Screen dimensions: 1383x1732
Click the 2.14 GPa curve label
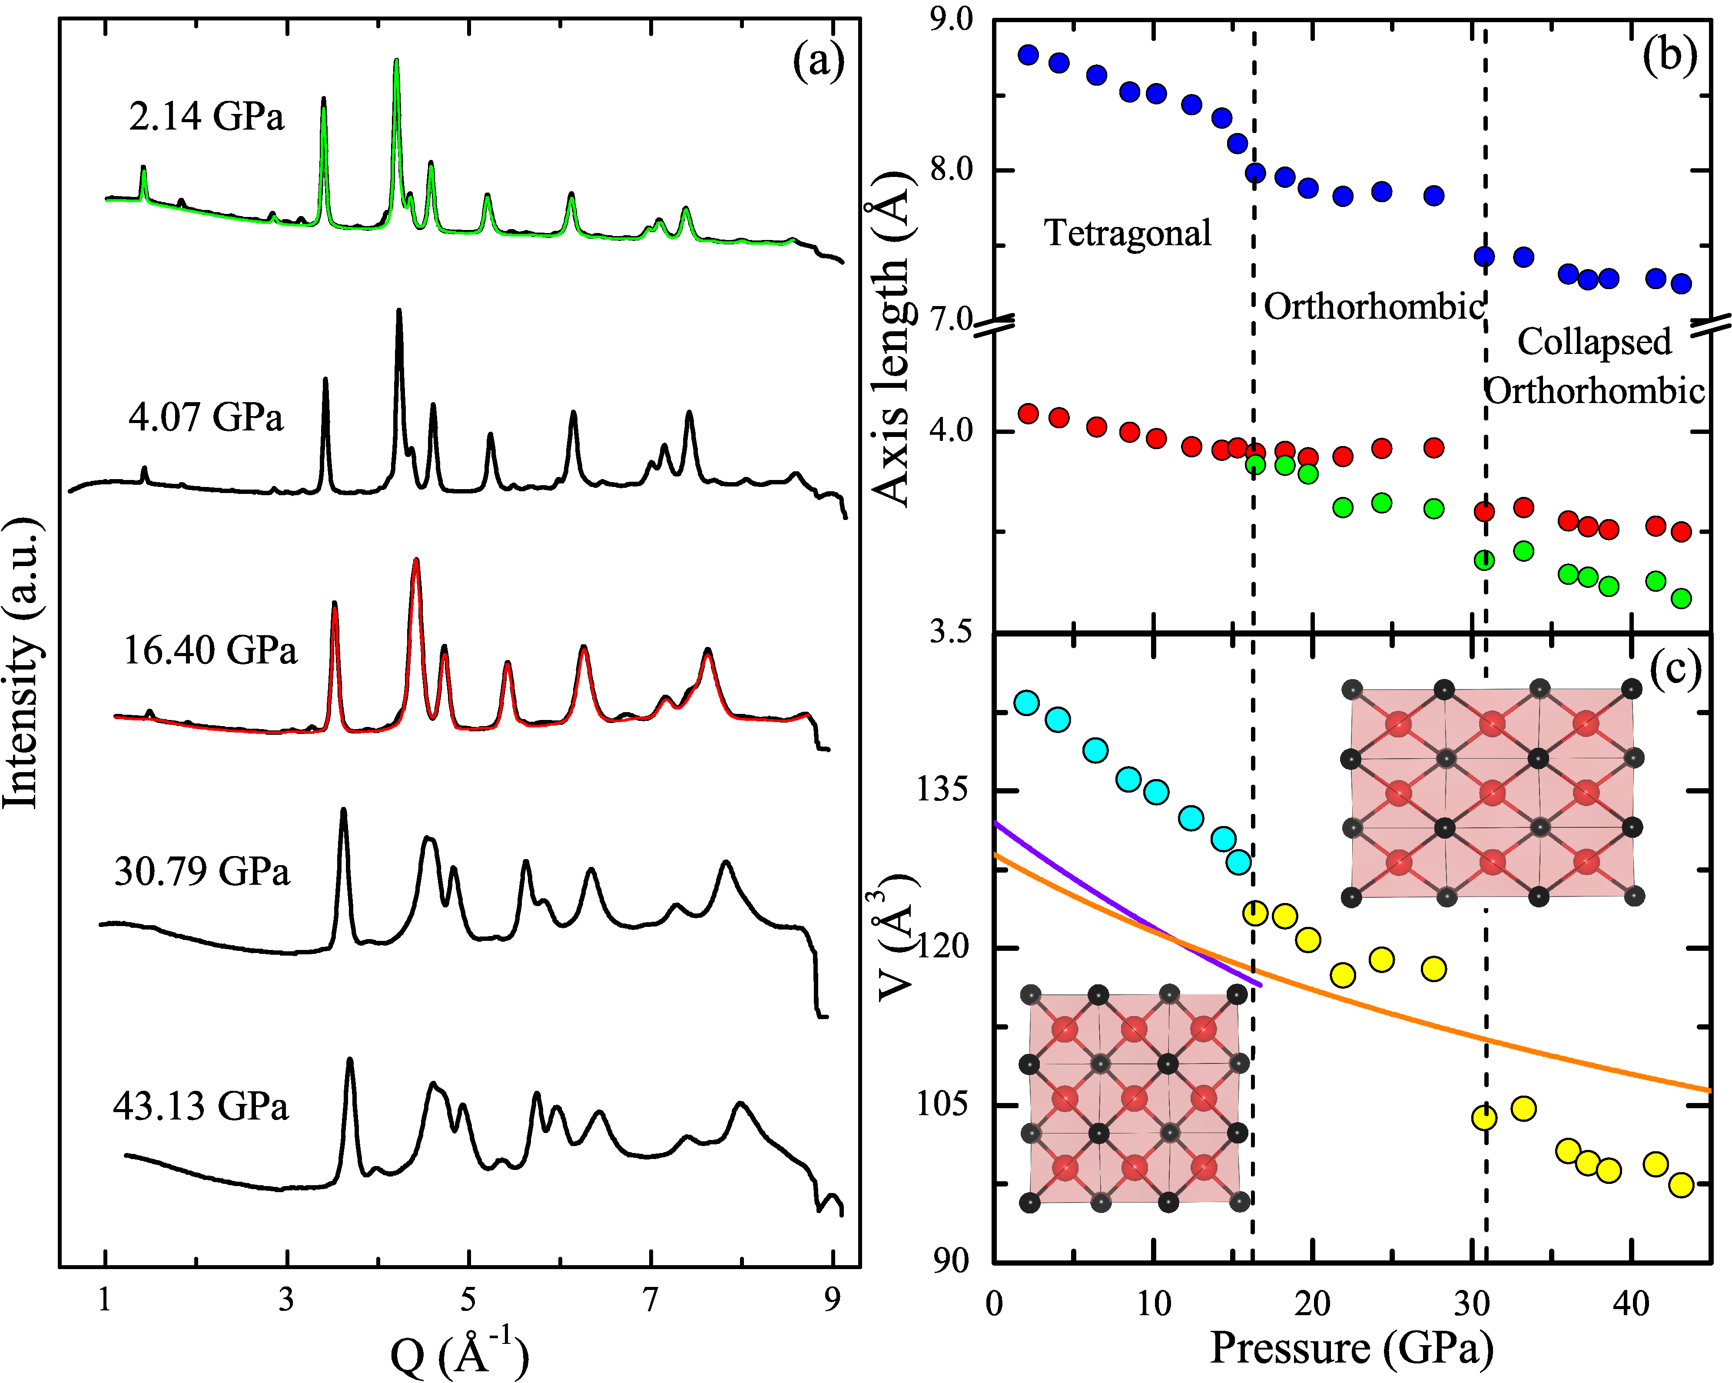206,117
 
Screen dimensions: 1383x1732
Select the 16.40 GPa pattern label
210,650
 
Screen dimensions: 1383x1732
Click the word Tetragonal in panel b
1127,233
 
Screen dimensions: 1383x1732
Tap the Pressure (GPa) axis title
1351,1348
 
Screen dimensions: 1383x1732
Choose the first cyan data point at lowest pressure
1027,703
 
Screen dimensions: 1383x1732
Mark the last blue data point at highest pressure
1682,283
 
